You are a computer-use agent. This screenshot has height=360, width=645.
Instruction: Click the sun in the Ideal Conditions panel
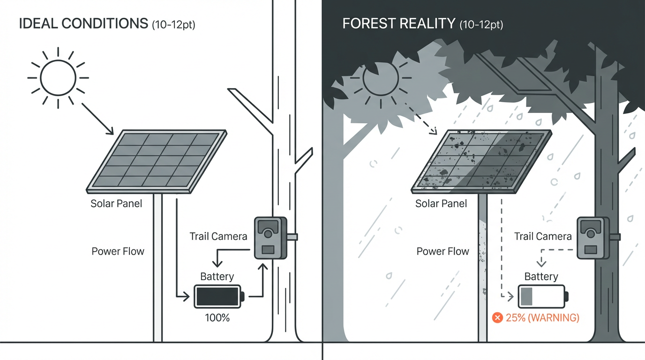click(x=58, y=78)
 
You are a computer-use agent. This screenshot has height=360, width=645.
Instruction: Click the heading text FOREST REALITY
click(x=398, y=24)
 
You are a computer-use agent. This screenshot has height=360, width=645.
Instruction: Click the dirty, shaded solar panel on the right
click(x=481, y=160)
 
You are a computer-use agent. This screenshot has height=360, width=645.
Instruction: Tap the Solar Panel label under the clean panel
click(x=116, y=204)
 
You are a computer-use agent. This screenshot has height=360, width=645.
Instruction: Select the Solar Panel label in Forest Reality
click(x=441, y=204)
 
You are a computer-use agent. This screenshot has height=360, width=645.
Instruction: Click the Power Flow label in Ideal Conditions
click(x=118, y=251)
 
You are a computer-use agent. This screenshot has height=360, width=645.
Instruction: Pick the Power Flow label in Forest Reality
click(x=442, y=251)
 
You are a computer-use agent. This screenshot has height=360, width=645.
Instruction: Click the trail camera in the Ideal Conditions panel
click(x=270, y=238)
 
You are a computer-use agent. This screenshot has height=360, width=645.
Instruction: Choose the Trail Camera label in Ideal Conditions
click(x=218, y=236)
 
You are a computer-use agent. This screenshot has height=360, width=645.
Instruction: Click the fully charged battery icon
click(x=218, y=296)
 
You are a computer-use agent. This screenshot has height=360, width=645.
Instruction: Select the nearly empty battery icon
click(x=542, y=296)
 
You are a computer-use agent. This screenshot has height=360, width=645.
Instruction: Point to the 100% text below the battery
click(x=217, y=318)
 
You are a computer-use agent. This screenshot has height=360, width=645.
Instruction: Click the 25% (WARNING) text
click(x=542, y=318)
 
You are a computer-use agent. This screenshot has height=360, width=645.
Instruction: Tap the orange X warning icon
click(x=497, y=318)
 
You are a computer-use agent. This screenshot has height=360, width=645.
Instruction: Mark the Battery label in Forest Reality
click(x=541, y=277)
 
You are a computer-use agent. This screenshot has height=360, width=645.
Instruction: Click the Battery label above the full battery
click(x=217, y=277)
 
